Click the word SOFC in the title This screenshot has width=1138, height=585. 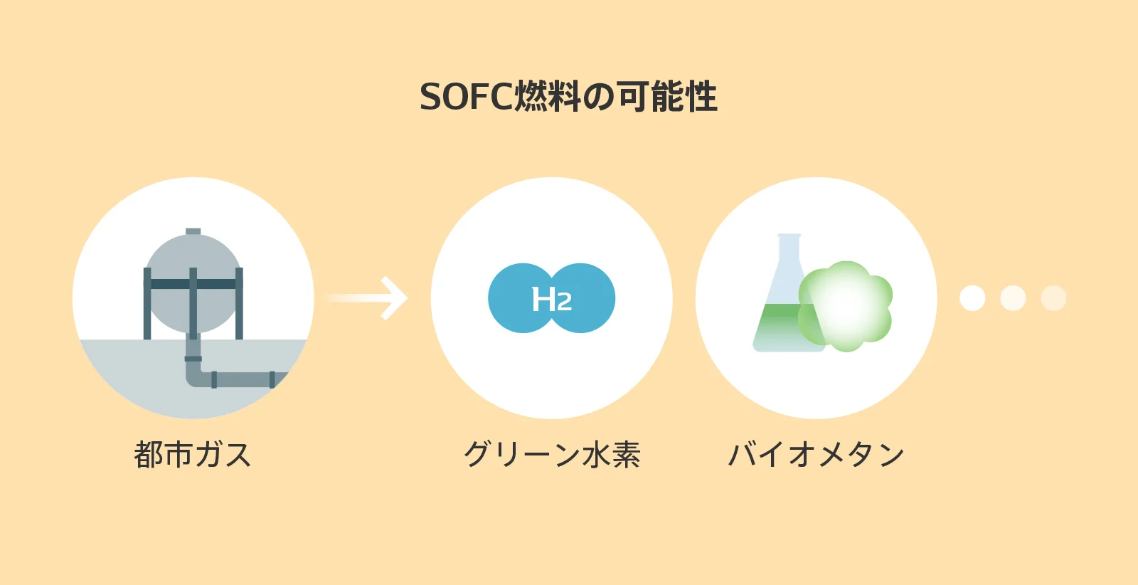click(467, 97)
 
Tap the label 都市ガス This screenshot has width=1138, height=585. click(193, 454)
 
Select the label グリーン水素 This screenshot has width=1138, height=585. click(552, 454)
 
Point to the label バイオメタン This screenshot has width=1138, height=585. click(816, 454)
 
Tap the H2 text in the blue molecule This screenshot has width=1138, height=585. click(552, 299)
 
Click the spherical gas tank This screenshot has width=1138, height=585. click(193, 283)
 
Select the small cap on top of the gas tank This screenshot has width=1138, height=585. click(193, 231)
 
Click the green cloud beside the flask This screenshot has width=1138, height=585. click(846, 306)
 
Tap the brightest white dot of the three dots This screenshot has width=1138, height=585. click(972, 297)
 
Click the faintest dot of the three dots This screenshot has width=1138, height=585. click(1053, 297)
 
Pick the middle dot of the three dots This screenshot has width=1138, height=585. click(1013, 297)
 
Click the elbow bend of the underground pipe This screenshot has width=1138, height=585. click(195, 376)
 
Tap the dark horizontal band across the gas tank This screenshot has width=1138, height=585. click(193, 284)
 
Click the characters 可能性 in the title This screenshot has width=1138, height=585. click(668, 97)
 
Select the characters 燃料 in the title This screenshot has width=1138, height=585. click(547, 97)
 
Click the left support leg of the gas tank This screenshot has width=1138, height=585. click(147, 303)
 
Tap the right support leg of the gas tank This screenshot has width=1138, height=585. click(239, 303)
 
